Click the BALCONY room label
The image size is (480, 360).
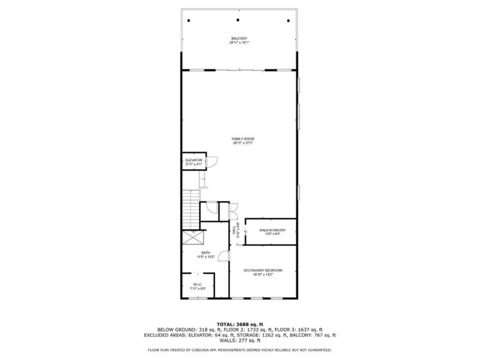[239, 38]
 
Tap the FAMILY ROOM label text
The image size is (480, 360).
[243, 139]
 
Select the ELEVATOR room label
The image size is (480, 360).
[194, 160]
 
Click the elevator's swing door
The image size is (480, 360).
[210, 162]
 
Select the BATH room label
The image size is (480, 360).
[206, 253]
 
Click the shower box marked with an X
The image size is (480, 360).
[190, 238]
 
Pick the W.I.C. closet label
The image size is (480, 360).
[197, 284]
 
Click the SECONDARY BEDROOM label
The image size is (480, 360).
[262, 270]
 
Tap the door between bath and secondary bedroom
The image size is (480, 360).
[224, 255]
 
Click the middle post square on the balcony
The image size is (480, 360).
[238, 20]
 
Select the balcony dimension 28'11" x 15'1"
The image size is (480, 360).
[239, 43]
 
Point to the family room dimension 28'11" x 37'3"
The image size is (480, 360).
[243, 143]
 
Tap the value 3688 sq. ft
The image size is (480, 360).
[252, 325]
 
